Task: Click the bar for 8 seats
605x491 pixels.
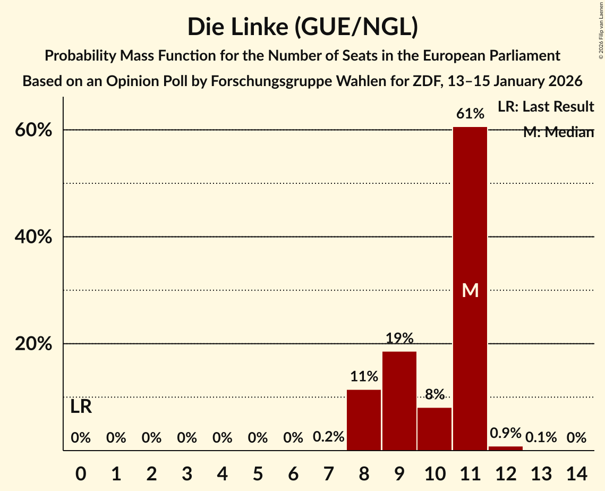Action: (364, 420)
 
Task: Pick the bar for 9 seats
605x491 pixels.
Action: (399, 401)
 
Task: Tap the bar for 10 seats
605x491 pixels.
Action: (434, 429)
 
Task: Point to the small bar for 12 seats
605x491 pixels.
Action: (506, 448)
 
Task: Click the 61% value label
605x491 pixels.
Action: (470, 114)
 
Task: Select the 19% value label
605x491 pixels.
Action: (399, 338)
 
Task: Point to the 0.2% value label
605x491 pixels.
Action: (329, 438)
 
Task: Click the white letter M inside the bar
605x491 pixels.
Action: (470, 290)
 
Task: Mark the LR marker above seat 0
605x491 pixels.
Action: (81, 407)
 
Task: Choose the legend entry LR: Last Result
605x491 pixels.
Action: (546, 107)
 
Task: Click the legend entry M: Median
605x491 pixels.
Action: (558, 132)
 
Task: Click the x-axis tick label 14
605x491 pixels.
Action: (576, 472)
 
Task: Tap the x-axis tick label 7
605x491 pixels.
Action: (329, 472)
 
